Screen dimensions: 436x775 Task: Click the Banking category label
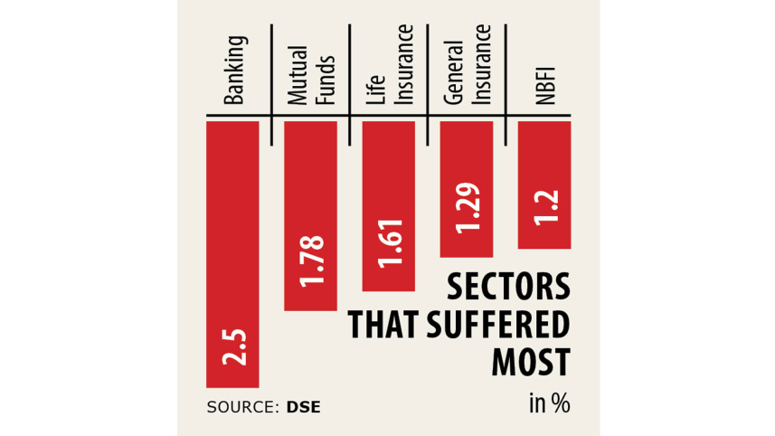[234, 70]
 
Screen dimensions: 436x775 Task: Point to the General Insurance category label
[467, 72]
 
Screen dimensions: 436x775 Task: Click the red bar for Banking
[232, 253]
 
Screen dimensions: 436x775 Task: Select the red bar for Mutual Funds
[310, 215]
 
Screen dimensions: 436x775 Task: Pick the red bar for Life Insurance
[388, 205]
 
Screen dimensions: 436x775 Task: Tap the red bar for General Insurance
[467, 188]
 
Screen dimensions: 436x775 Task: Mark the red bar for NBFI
[544, 184]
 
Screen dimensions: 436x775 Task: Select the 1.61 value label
[389, 245]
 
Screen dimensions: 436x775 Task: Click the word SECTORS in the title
[509, 288]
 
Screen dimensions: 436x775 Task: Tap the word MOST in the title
[531, 363]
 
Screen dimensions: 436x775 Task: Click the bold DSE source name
[304, 407]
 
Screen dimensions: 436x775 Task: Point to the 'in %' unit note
[550, 403]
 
